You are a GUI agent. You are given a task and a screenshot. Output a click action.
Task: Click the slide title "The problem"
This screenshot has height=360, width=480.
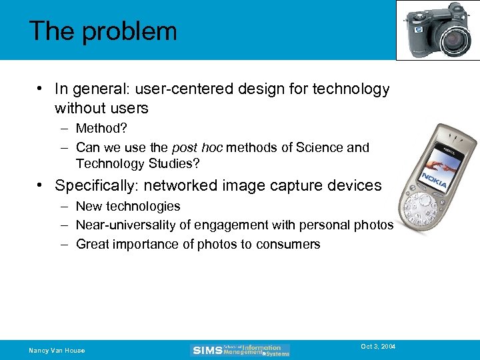coord(103,31)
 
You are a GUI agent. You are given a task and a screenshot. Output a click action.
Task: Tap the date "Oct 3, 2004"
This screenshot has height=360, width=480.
coord(378,346)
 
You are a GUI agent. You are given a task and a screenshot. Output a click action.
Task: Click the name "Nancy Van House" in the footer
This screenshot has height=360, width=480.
coord(57,351)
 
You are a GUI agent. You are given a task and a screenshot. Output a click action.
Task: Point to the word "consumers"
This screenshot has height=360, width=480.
coord(289,245)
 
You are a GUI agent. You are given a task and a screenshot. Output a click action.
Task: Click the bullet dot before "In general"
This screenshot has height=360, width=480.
coord(41,89)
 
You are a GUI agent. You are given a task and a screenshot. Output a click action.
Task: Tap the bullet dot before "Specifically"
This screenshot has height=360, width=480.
coord(41,185)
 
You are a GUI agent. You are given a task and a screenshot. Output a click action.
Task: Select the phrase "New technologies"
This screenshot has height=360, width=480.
coord(128,207)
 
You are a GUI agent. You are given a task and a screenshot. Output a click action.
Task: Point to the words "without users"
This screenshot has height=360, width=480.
coord(101,107)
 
